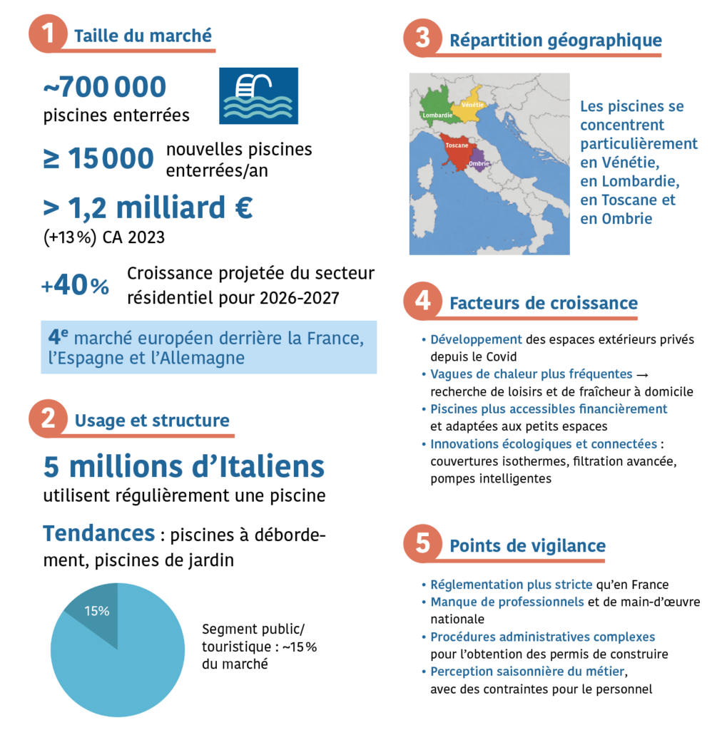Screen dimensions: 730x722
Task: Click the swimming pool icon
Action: [x=258, y=96]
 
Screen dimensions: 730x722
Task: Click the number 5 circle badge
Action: [x=422, y=544]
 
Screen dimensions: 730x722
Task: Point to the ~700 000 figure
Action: [x=104, y=87]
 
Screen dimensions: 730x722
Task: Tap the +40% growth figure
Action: [x=75, y=286]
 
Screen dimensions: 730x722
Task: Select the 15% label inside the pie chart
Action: [x=96, y=611]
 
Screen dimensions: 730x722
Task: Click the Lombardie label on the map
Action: [x=437, y=115]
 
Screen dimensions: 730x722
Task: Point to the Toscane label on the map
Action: [x=457, y=145]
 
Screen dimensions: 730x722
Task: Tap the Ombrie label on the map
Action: [x=479, y=164]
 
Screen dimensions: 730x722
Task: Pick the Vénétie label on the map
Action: [x=473, y=105]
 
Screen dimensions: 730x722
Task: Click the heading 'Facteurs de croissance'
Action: [x=543, y=303]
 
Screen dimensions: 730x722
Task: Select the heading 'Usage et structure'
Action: [x=152, y=421]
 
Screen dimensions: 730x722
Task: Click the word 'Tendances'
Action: [x=98, y=533]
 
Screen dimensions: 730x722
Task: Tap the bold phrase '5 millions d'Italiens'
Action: [x=183, y=467]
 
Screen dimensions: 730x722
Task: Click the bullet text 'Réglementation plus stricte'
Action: [x=511, y=585]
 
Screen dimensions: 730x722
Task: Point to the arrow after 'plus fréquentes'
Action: [x=641, y=375]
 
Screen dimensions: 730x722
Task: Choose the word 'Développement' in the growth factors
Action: [x=476, y=339]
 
